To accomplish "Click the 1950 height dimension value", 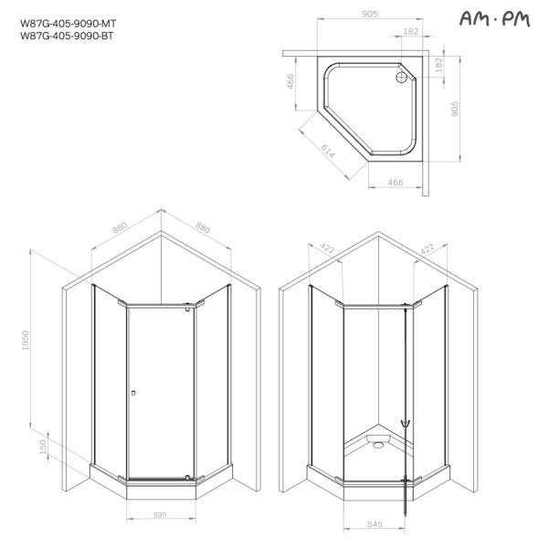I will (x=26, y=341).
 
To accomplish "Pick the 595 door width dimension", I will (x=160, y=514).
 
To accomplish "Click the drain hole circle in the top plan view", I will (x=400, y=78).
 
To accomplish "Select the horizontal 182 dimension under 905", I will (x=410, y=32).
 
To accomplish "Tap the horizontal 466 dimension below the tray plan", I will (x=395, y=184).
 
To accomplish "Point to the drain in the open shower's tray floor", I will (x=374, y=447).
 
